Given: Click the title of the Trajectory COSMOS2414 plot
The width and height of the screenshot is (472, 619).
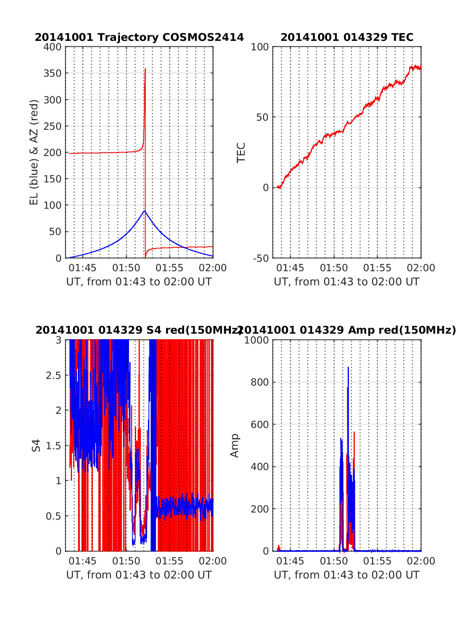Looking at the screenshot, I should tap(139, 37).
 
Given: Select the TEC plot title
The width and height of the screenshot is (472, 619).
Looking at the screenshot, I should tap(347, 37).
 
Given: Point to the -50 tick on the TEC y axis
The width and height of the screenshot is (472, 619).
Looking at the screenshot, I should tap(260, 258).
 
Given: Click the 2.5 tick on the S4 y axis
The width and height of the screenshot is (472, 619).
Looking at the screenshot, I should tap(54, 375).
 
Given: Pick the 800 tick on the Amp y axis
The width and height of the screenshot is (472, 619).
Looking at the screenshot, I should tap(260, 382).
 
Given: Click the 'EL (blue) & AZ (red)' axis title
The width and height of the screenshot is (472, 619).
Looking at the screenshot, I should tap(34, 152).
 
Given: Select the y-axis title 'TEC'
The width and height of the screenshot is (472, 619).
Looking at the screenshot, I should tap(241, 152).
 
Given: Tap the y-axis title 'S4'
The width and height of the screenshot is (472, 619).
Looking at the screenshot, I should tap(36, 446).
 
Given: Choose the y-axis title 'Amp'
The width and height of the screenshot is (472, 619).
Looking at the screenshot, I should tap(235, 446).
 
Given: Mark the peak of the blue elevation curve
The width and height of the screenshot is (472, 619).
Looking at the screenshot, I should tap(145, 211).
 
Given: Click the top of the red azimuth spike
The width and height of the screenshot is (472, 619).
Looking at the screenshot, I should tap(145, 69).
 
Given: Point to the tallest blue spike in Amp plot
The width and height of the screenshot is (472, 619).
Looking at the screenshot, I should tap(348, 367).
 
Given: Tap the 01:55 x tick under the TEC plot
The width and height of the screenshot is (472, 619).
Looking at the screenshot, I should tap(377, 268).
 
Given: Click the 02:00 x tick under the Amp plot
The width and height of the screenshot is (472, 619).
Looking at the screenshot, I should tap(421, 561).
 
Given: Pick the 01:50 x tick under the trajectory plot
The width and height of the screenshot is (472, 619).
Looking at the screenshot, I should tap(126, 268).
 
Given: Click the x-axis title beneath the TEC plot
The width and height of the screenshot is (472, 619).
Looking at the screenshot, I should tap(347, 282).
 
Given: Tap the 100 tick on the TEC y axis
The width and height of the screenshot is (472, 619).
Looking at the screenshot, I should tap(260, 47).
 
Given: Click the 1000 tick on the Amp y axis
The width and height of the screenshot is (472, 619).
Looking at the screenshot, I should tap(256, 340).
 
